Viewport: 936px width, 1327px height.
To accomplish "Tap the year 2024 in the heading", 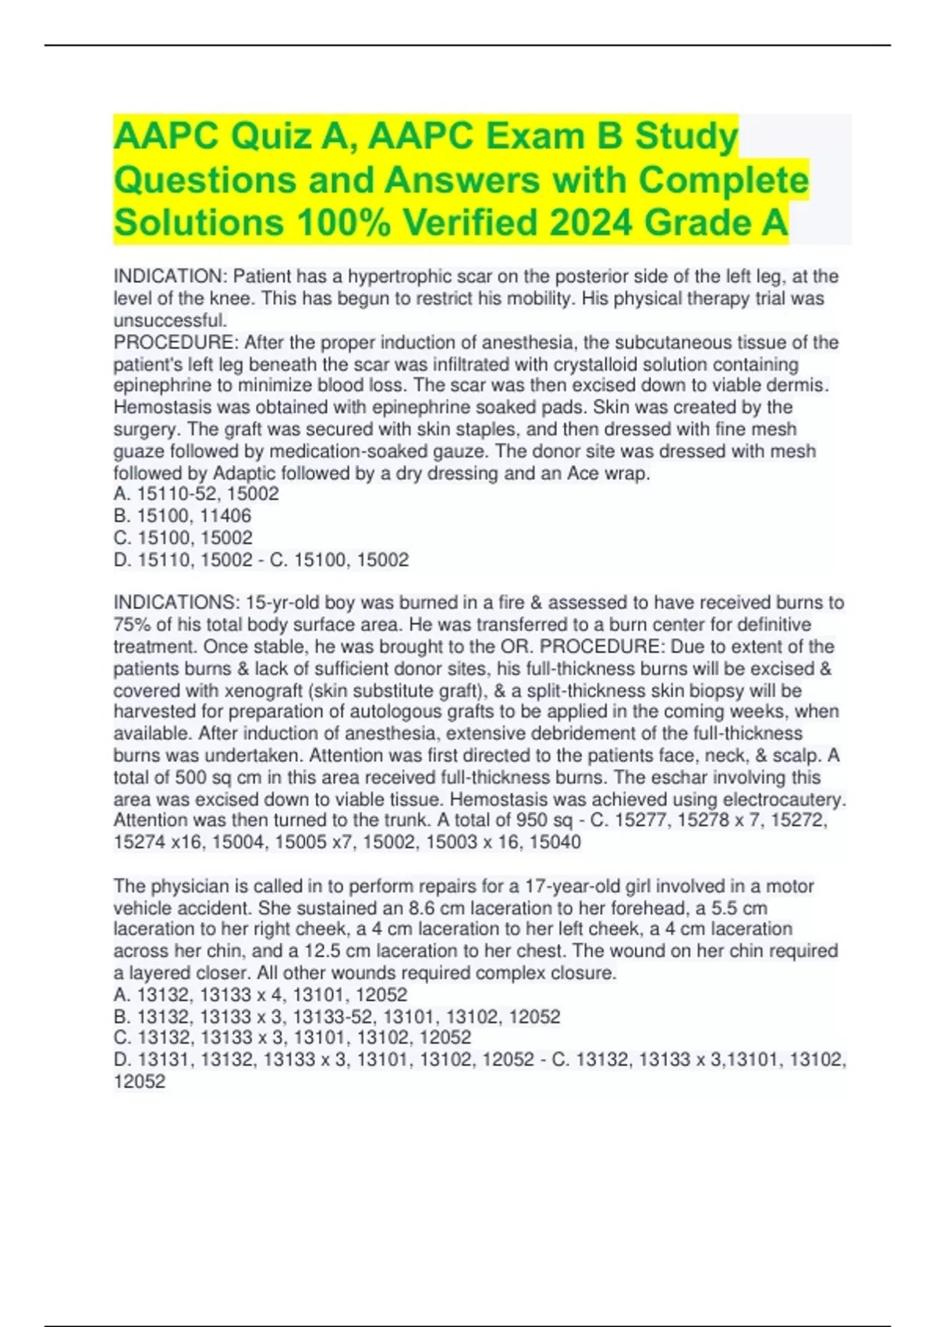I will (x=591, y=222).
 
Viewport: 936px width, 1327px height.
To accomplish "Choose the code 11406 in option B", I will (x=225, y=516).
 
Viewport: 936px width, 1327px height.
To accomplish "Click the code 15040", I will (x=555, y=842).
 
